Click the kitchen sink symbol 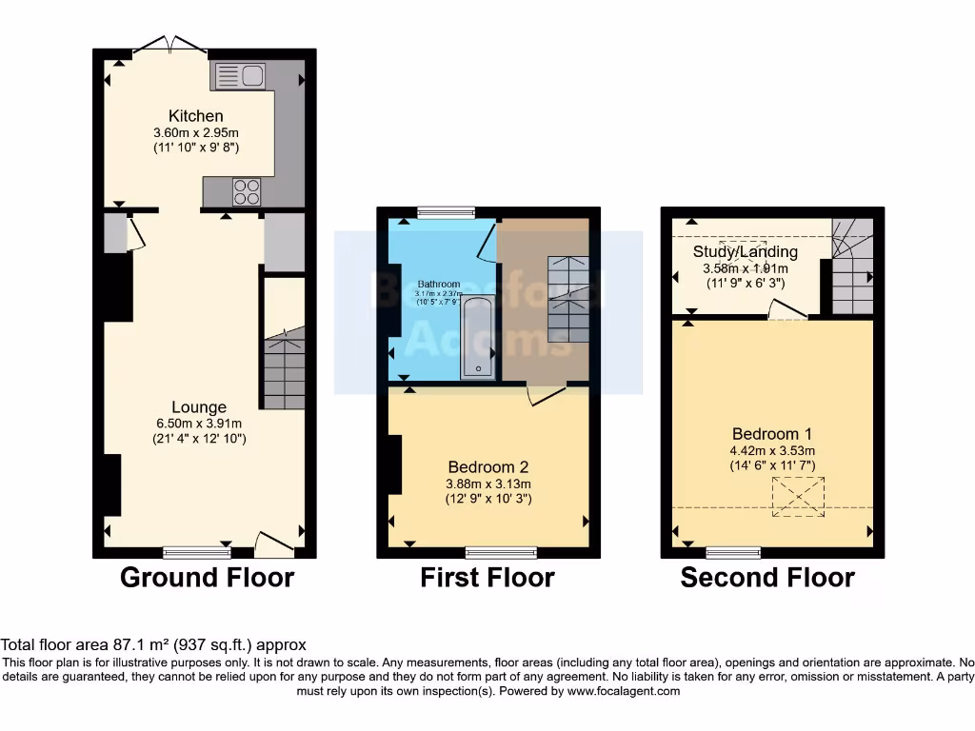(x=239, y=75)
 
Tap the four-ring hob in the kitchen (x=247, y=191)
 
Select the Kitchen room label (x=196, y=116)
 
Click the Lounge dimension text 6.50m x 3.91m (x=199, y=424)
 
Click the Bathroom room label (x=439, y=284)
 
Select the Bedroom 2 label (x=488, y=467)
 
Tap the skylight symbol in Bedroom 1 (x=797, y=497)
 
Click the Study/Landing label (x=745, y=252)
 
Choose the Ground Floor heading (x=207, y=577)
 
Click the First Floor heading (x=487, y=577)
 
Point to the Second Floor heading (x=767, y=577)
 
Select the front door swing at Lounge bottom (x=274, y=545)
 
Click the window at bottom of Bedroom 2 (x=500, y=551)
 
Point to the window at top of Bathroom (x=447, y=212)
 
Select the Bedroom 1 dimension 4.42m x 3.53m (x=772, y=451)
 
